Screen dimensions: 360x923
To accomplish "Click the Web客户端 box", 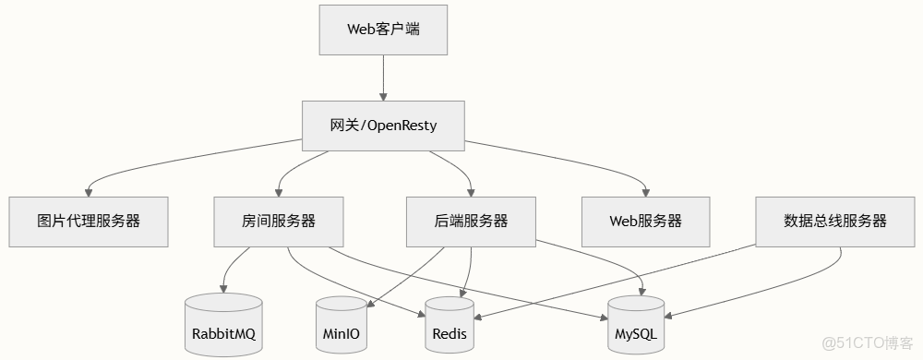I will [383, 29].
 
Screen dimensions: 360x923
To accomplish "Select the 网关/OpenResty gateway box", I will [383, 126].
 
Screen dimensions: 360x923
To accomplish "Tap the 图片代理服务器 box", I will [89, 222].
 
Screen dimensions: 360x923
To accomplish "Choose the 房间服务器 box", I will [278, 222].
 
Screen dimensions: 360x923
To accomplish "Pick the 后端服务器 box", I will [471, 222].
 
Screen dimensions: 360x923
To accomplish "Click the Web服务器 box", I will [645, 222].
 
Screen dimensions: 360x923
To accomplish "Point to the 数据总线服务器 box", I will [834, 222].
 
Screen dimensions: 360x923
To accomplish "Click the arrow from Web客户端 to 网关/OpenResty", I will [383, 78].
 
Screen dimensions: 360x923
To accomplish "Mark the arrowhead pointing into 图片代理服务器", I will [89, 191].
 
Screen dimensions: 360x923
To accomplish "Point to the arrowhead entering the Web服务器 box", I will [645, 191].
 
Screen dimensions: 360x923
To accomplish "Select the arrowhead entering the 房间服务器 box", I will [278, 191].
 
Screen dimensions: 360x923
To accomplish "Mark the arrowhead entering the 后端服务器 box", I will [471, 191].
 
